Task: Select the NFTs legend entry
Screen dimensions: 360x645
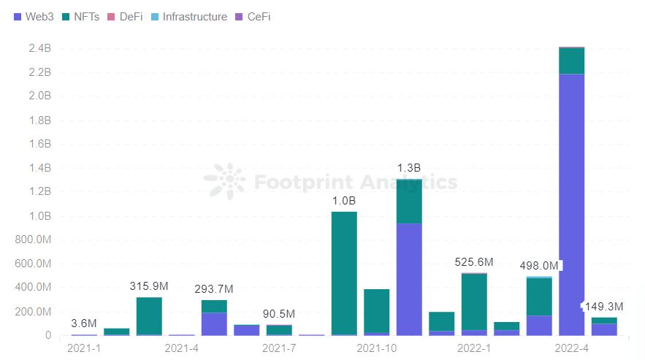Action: pyautogui.click(x=81, y=16)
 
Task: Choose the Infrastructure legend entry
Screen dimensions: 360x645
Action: pyautogui.click(x=189, y=16)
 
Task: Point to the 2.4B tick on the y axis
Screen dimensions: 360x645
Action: pyautogui.click(x=39, y=48)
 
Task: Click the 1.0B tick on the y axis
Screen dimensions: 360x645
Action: pyautogui.click(x=39, y=216)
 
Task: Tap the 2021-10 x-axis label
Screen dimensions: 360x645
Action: pyautogui.click(x=377, y=348)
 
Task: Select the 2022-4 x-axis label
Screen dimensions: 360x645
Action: pyautogui.click(x=572, y=348)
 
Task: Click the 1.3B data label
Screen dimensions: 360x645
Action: pyautogui.click(x=409, y=168)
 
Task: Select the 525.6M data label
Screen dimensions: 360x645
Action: pyautogui.click(x=474, y=261)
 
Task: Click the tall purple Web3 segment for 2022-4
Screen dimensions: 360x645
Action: pyautogui.click(x=571, y=204)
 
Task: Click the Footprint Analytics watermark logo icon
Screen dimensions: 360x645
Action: pyautogui.click(x=225, y=181)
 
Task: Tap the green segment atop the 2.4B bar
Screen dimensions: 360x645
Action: pyautogui.click(x=571, y=61)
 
